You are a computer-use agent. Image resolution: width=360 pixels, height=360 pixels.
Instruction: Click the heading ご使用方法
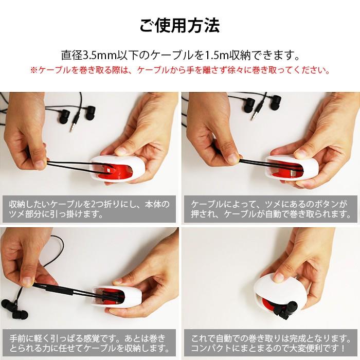(179, 25)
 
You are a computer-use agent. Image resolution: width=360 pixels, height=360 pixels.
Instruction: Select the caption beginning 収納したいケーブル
(89, 208)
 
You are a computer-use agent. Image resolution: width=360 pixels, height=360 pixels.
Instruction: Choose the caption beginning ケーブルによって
(270, 208)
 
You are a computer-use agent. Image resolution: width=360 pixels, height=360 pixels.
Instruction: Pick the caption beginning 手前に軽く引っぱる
(89, 344)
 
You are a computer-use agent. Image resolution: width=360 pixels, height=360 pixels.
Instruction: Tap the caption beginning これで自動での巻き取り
(270, 344)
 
